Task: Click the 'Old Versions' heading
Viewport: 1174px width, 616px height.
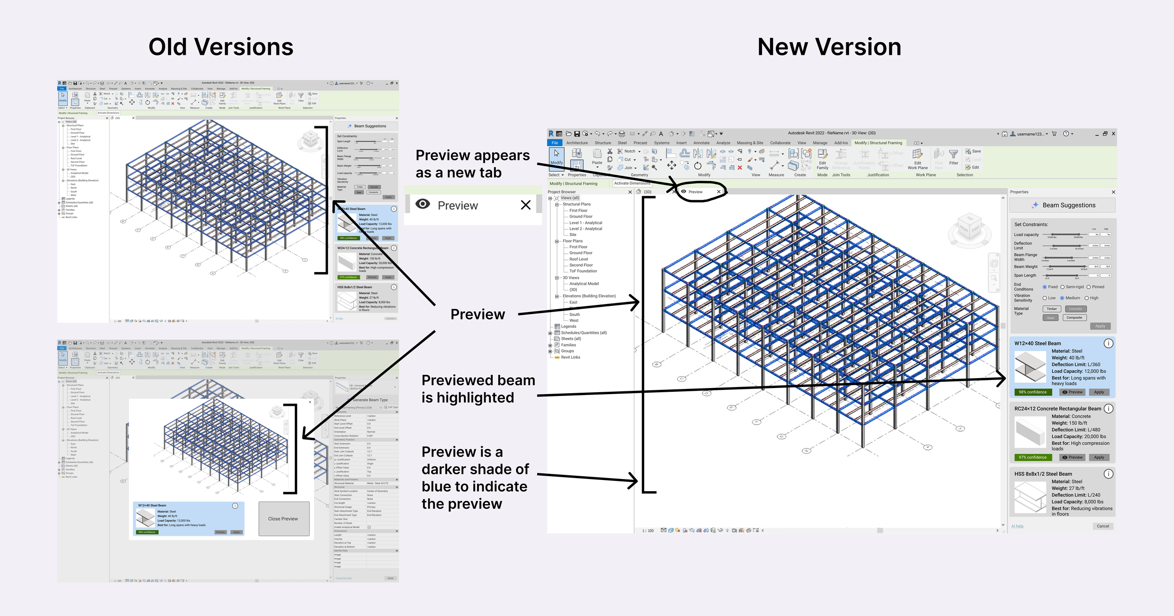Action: pyautogui.click(x=221, y=47)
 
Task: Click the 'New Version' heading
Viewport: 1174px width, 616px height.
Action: pyautogui.click(x=829, y=47)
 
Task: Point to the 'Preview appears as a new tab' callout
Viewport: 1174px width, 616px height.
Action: pyautogui.click(x=472, y=164)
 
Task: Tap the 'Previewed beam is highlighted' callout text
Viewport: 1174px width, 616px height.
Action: pyautogui.click(x=478, y=388)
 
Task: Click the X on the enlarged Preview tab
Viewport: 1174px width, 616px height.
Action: pyautogui.click(x=525, y=205)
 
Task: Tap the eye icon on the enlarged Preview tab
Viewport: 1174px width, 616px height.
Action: pyautogui.click(x=423, y=204)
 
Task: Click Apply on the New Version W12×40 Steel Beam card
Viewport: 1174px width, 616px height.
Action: pyautogui.click(x=1099, y=392)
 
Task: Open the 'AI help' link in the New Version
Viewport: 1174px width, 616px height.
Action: pyautogui.click(x=1017, y=526)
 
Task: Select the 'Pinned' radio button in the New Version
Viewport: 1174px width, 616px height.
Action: pyautogui.click(x=1089, y=287)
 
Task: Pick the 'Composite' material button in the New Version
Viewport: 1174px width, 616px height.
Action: pyautogui.click(x=1074, y=318)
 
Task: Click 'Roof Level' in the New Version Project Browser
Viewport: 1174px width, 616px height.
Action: pyautogui.click(x=579, y=259)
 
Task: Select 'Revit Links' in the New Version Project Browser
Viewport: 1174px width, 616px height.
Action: pyautogui.click(x=570, y=357)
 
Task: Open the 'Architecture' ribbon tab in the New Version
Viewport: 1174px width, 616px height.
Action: pyautogui.click(x=577, y=143)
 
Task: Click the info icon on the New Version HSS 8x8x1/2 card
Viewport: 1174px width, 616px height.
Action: pyautogui.click(x=1108, y=474)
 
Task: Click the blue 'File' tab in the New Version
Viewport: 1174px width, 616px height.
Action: pyautogui.click(x=555, y=143)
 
